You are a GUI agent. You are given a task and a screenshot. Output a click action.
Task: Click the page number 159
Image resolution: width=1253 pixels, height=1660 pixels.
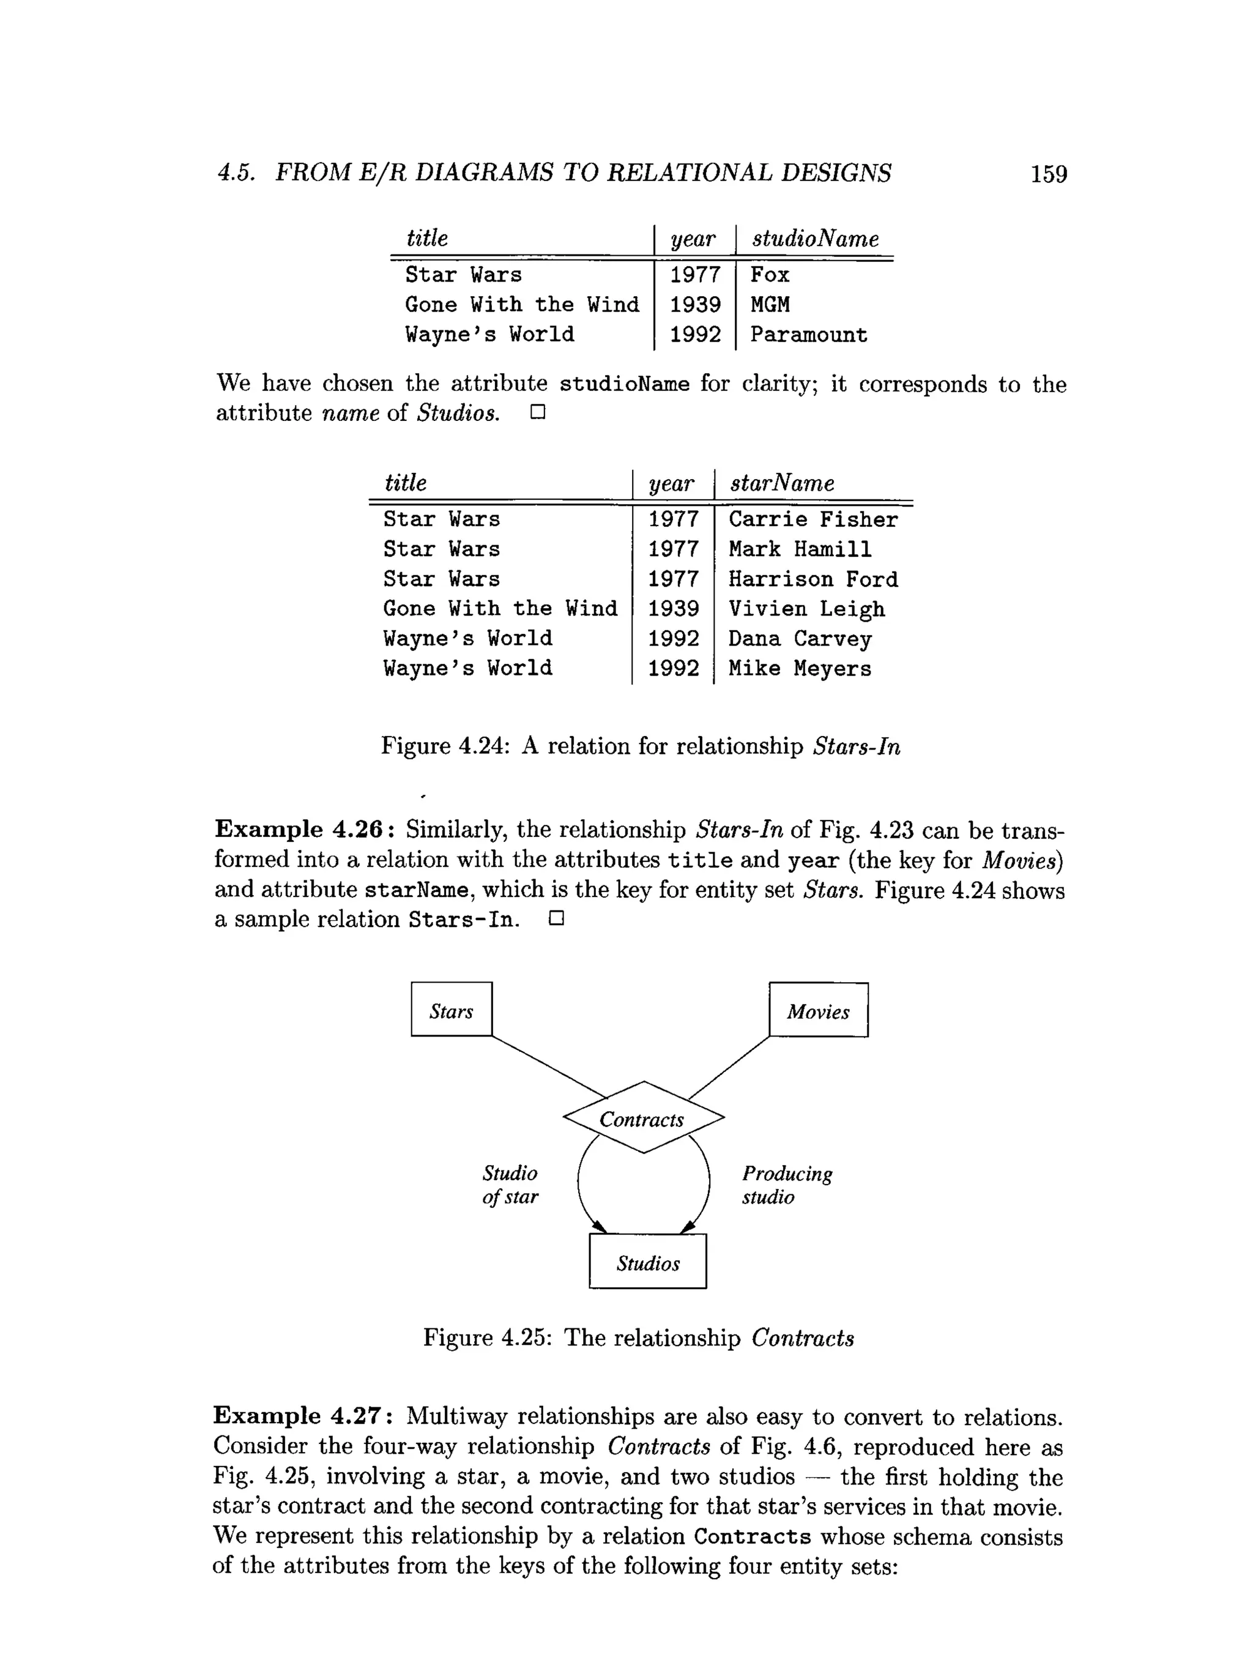coord(1048,174)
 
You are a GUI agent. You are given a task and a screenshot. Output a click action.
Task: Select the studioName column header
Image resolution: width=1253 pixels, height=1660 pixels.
coord(815,239)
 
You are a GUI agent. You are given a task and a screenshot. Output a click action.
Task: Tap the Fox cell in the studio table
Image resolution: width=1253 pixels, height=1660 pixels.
coord(770,275)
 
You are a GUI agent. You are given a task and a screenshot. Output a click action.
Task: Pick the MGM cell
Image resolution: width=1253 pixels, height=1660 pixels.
coord(770,305)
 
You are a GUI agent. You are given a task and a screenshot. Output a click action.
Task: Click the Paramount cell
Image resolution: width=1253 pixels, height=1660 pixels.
coord(808,335)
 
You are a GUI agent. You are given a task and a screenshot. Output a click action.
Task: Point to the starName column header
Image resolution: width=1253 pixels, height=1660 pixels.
coord(782,483)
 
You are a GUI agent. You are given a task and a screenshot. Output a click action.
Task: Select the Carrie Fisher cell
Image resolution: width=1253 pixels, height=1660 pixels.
coord(812,519)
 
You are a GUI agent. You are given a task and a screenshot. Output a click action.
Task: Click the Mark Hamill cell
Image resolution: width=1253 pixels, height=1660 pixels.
coord(800,549)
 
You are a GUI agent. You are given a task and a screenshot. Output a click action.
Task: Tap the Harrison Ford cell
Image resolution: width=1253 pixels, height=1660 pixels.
coord(812,579)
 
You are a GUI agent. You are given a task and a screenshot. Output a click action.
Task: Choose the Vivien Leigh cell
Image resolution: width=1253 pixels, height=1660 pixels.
coord(806,609)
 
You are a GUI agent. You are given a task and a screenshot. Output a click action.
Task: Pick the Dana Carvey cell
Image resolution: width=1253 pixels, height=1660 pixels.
coord(800,639)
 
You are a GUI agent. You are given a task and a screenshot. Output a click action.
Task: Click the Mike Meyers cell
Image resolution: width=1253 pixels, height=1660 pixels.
coord(800,669)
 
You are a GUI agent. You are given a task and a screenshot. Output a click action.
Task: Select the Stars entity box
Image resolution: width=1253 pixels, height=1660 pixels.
coord(452,1010)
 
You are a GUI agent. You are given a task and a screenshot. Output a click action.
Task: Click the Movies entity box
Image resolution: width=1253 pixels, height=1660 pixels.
coord(818,1010)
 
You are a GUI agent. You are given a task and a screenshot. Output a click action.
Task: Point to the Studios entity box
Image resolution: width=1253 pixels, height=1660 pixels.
coord(647,1264)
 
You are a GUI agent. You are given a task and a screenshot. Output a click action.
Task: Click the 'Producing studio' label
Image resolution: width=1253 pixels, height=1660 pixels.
coord(786,1185)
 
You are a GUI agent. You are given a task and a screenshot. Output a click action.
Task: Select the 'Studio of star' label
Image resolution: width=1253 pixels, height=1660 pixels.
coord(510,1185)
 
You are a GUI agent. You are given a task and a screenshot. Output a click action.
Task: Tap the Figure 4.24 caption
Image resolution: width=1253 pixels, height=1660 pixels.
coord(640,746)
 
